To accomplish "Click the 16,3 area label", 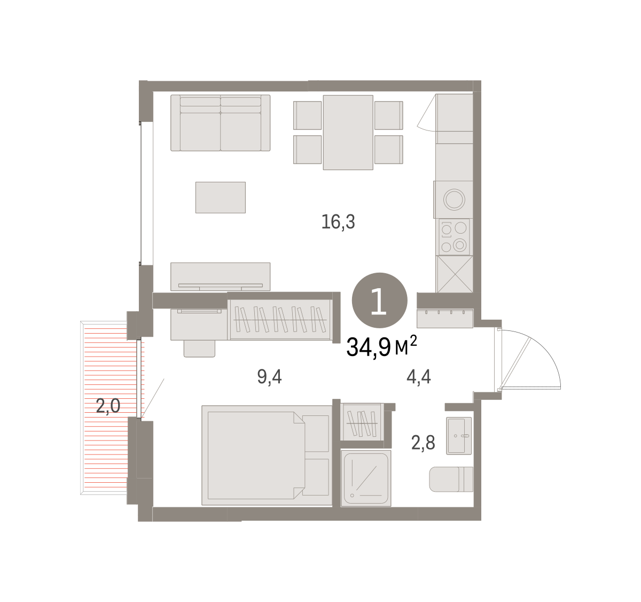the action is click(338, 222).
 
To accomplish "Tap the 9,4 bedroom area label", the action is click(270, 377).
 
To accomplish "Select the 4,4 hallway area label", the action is click(419, 377).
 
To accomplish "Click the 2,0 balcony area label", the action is click(108, 406).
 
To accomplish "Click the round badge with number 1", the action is click(380, 300).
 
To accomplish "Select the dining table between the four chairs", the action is click(348, 132).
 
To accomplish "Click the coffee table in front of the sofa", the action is click(221, 197).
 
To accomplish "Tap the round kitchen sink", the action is click(454, 199).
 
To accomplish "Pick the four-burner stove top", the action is click(454, 237).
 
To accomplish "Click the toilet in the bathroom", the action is click(451, 479).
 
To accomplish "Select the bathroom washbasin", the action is click(459, 436).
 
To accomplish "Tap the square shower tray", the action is click(366, 478).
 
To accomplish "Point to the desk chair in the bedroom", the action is click(199, 349).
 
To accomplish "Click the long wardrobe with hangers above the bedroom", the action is click(280, 319).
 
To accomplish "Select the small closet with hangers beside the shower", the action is click(362, 422).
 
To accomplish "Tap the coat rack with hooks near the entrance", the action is click(445, 318).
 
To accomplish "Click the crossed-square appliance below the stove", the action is click(455, 274).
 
